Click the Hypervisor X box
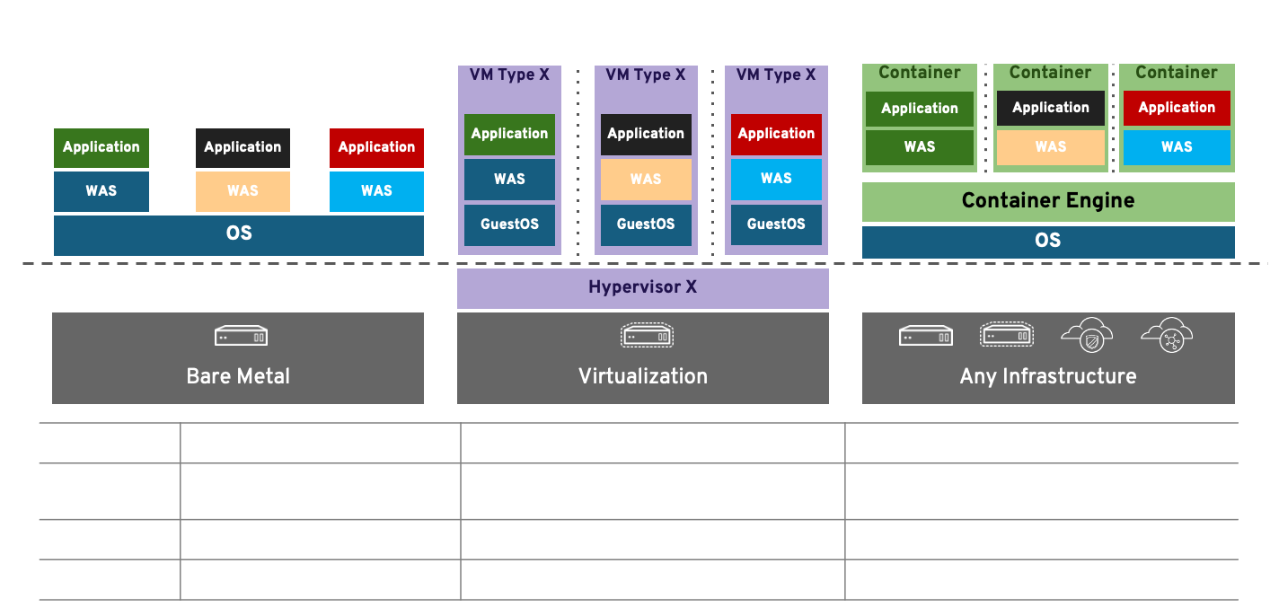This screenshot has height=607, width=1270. pos(642,288)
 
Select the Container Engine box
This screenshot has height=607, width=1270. pos(1047,201)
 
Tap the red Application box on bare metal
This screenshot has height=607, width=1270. pos(376,147)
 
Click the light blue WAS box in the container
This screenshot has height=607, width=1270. pos(1176,147)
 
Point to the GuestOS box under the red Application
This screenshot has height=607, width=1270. pos(776,224)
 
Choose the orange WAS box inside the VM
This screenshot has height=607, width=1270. pos(645,180)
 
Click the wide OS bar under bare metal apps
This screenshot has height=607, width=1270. pos(238,234)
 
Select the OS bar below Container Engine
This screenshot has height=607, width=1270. pos(1047,241)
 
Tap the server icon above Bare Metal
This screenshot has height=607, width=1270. pos(241,337)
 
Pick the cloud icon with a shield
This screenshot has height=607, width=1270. pos(1087,335)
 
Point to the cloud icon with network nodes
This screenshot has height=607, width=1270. pos(1167,335)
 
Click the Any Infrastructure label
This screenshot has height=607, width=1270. pos(1047,376)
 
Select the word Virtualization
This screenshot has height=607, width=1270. pos(642,376)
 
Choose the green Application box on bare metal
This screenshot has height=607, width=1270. pos(101,147)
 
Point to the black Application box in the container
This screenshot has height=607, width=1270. pos(1050,108)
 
